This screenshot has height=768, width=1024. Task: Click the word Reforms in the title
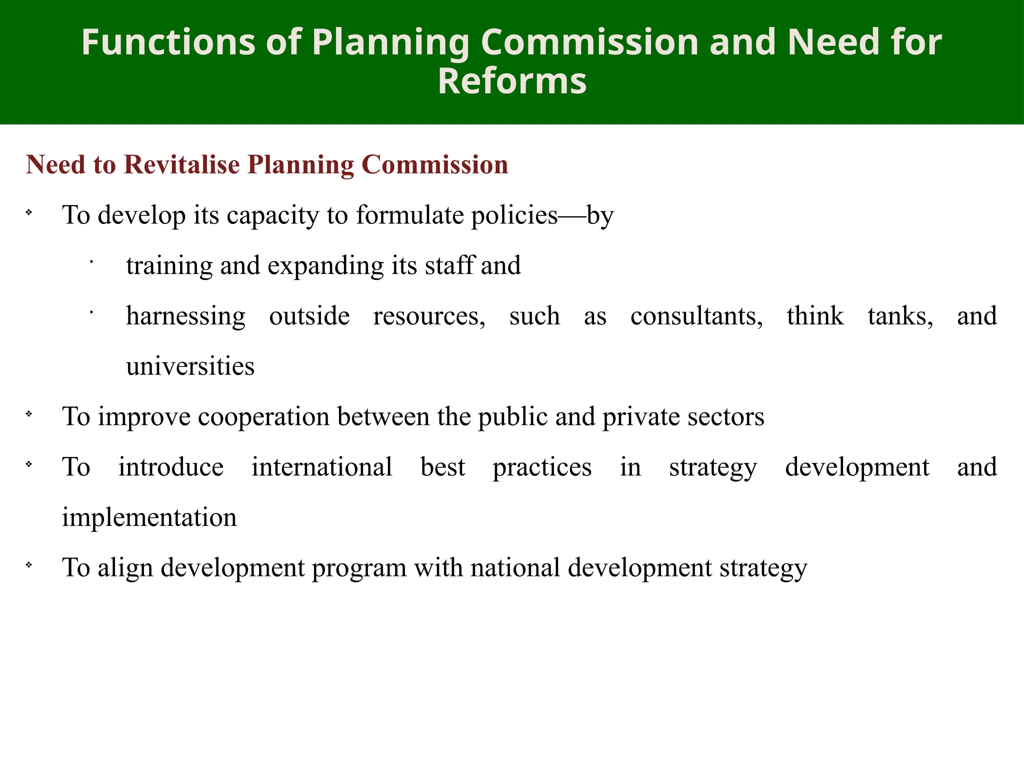(512, 81)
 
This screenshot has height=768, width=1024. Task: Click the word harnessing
(185, 316)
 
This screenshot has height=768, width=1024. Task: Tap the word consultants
(696, 316)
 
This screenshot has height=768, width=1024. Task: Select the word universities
(190, 366)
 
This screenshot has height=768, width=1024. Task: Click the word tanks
(899, 316)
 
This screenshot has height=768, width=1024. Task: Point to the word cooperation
(263, 417)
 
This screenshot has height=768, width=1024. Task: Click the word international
(321, 467)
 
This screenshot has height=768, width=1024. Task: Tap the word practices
(542, 468)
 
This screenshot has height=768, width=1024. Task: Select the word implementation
(149, 517)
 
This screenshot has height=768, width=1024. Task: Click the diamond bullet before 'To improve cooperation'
(29, 414)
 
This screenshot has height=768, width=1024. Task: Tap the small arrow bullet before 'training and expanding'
(92, 261)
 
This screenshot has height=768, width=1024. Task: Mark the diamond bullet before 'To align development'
(29, 565)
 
